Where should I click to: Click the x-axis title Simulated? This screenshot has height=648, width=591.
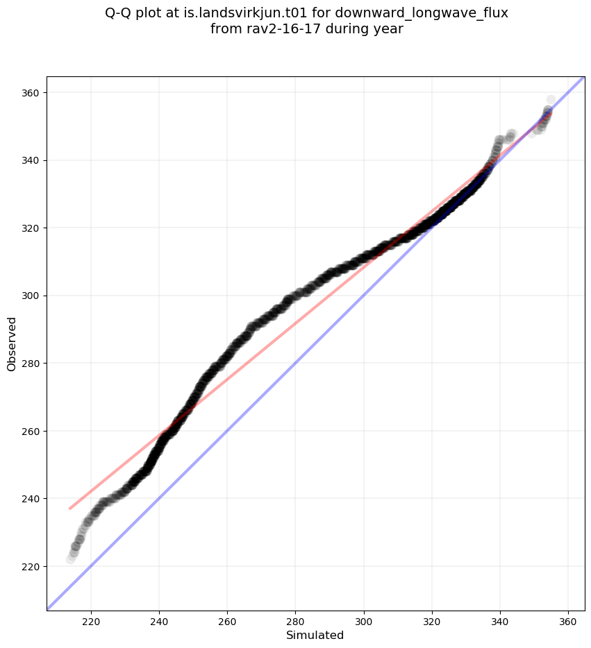click(x=315, y=635)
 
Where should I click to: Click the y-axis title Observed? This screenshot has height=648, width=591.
click(x=12, y=343)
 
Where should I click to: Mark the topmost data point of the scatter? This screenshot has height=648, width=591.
click(x=551, y=100)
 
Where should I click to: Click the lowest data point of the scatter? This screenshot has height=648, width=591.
click(x=71, y=559)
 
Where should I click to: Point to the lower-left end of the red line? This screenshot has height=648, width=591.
click(x=70, y=509)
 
